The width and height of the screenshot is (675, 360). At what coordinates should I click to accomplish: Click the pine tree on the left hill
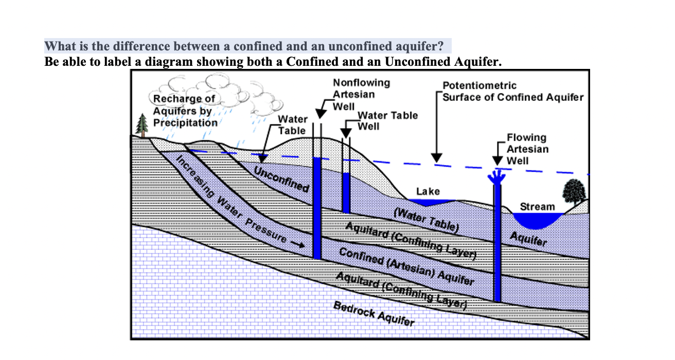pos(143,125)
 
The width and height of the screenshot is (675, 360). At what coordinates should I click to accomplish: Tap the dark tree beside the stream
pos(574,192)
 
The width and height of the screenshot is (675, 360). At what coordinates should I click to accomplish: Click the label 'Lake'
pos(428,191)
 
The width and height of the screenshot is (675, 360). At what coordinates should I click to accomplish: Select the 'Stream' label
pos(538,207)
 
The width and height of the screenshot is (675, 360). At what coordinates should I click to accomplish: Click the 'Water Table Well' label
pos(387,121)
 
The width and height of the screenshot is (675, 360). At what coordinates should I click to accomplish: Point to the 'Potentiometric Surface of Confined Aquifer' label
pos(512,92)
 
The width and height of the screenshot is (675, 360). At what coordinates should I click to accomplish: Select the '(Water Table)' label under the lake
pos(425,220)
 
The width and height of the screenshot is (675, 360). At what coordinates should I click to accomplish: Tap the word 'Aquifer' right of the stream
pos(528,239)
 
